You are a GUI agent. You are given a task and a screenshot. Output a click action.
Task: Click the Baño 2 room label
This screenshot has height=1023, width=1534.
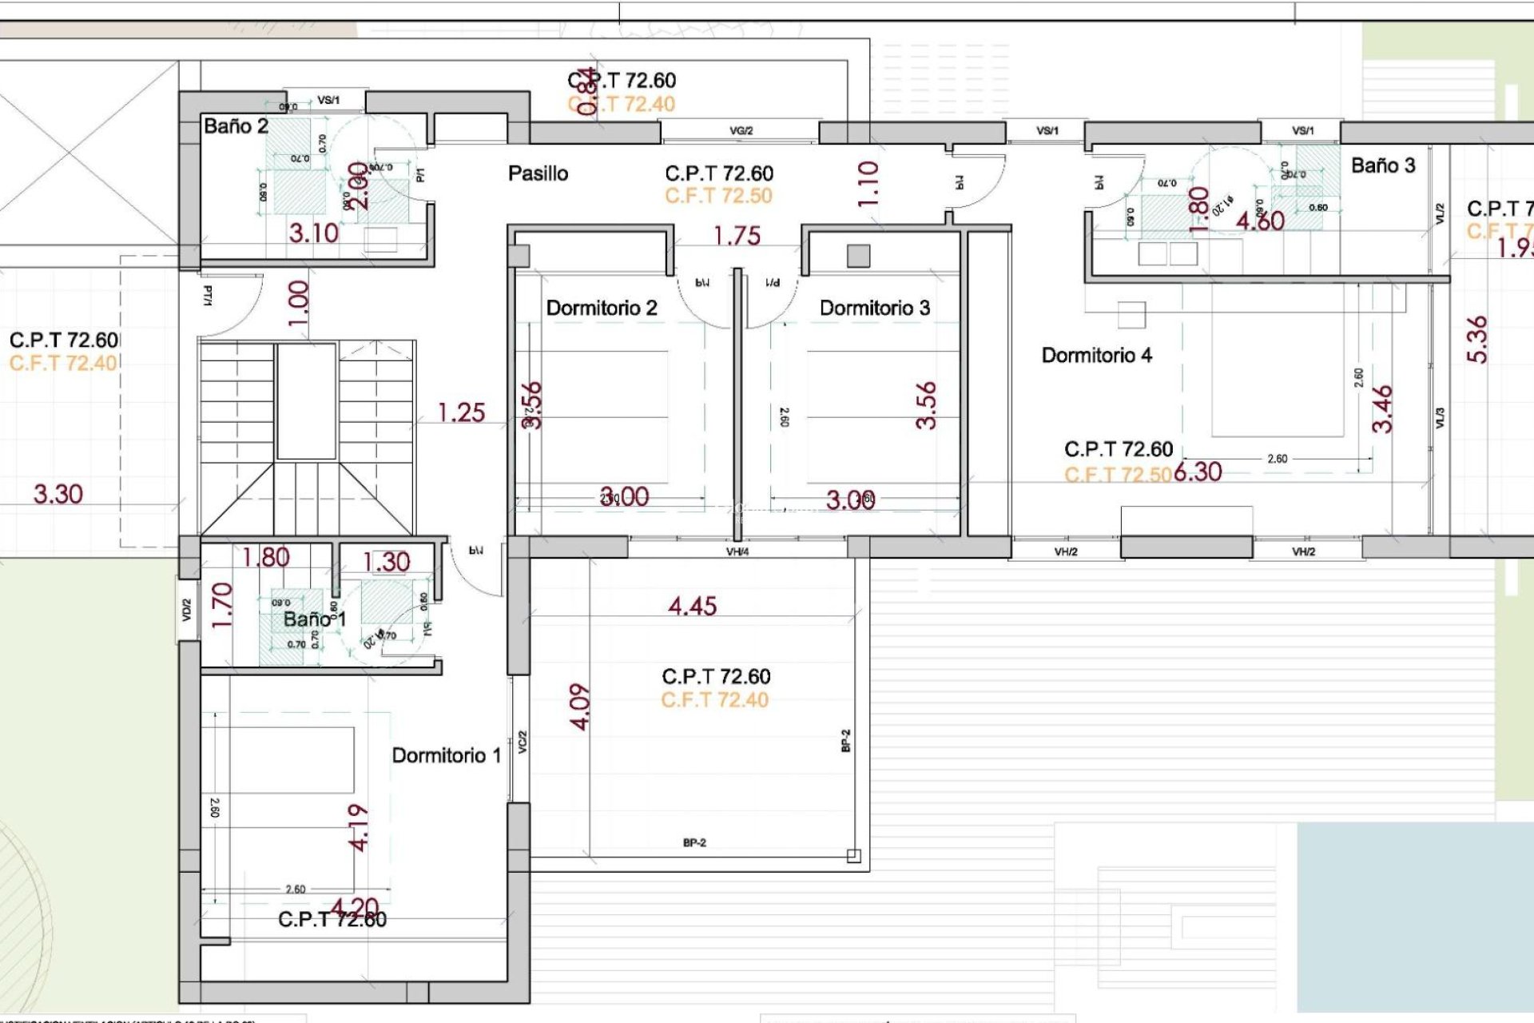[236, 126]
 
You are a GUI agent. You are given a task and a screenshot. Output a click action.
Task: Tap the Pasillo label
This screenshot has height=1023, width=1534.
[538, 173]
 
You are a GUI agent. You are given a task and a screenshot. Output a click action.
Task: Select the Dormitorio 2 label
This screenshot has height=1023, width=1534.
[601, 308]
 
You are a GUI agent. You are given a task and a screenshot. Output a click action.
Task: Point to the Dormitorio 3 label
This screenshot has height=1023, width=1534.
[874, 308]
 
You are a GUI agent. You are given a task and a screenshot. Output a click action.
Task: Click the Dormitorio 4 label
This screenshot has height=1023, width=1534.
[1096, 356]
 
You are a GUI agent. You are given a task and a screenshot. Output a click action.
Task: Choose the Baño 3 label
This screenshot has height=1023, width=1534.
[1382, 166]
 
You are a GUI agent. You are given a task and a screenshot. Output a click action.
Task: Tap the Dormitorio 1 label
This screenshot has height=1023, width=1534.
[446, 755]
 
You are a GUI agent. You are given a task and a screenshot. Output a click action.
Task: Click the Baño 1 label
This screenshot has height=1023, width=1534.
[314, 619]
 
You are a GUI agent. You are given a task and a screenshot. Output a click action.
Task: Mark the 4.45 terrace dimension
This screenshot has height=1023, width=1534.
[692, 607]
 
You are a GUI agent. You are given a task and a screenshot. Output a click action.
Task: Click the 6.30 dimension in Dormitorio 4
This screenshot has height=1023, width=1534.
[1198, 472]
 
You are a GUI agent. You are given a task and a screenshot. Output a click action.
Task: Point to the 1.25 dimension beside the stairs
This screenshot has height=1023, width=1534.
[461, 413]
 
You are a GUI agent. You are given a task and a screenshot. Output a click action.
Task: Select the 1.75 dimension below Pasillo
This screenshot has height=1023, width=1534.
[737, 237]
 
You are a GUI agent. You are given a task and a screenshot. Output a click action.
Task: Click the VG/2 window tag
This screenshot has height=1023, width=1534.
[741, 131]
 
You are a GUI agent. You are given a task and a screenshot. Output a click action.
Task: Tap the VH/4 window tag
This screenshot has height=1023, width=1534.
[737, 551]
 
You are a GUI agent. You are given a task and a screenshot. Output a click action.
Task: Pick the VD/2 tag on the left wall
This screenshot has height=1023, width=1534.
[187, 611]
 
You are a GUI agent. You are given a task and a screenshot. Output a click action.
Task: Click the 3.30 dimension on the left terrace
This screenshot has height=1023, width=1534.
[58, 495]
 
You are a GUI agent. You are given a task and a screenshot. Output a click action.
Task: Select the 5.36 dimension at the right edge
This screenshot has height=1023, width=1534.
[1477, 340]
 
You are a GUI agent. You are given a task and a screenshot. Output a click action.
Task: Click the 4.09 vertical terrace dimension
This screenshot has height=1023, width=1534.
[580, 707]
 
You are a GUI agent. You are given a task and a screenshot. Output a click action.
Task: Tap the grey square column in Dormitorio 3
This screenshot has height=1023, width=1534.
[858, 256]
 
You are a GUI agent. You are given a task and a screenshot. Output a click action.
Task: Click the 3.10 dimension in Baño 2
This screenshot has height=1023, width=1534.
[313, 233]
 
